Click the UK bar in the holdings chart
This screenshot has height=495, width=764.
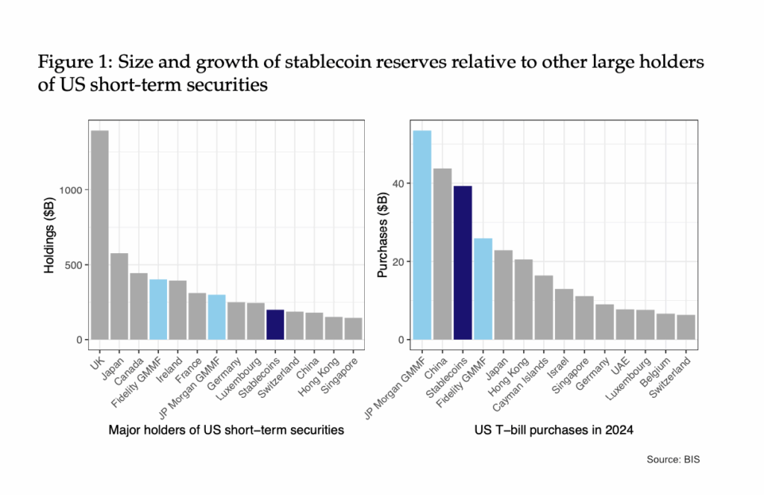(100, 235)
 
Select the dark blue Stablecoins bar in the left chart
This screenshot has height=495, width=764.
(275, 325)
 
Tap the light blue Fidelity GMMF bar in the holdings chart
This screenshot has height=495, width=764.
(158, 310)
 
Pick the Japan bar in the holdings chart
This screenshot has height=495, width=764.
(119, 296)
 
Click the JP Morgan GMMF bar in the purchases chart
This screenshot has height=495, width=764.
(422, 235)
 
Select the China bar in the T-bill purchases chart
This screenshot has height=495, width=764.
(442, 254)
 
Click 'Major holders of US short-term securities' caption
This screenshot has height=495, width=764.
(226, 429)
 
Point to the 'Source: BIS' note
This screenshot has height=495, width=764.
(674, 460)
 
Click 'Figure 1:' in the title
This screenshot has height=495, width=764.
(72, 63)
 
